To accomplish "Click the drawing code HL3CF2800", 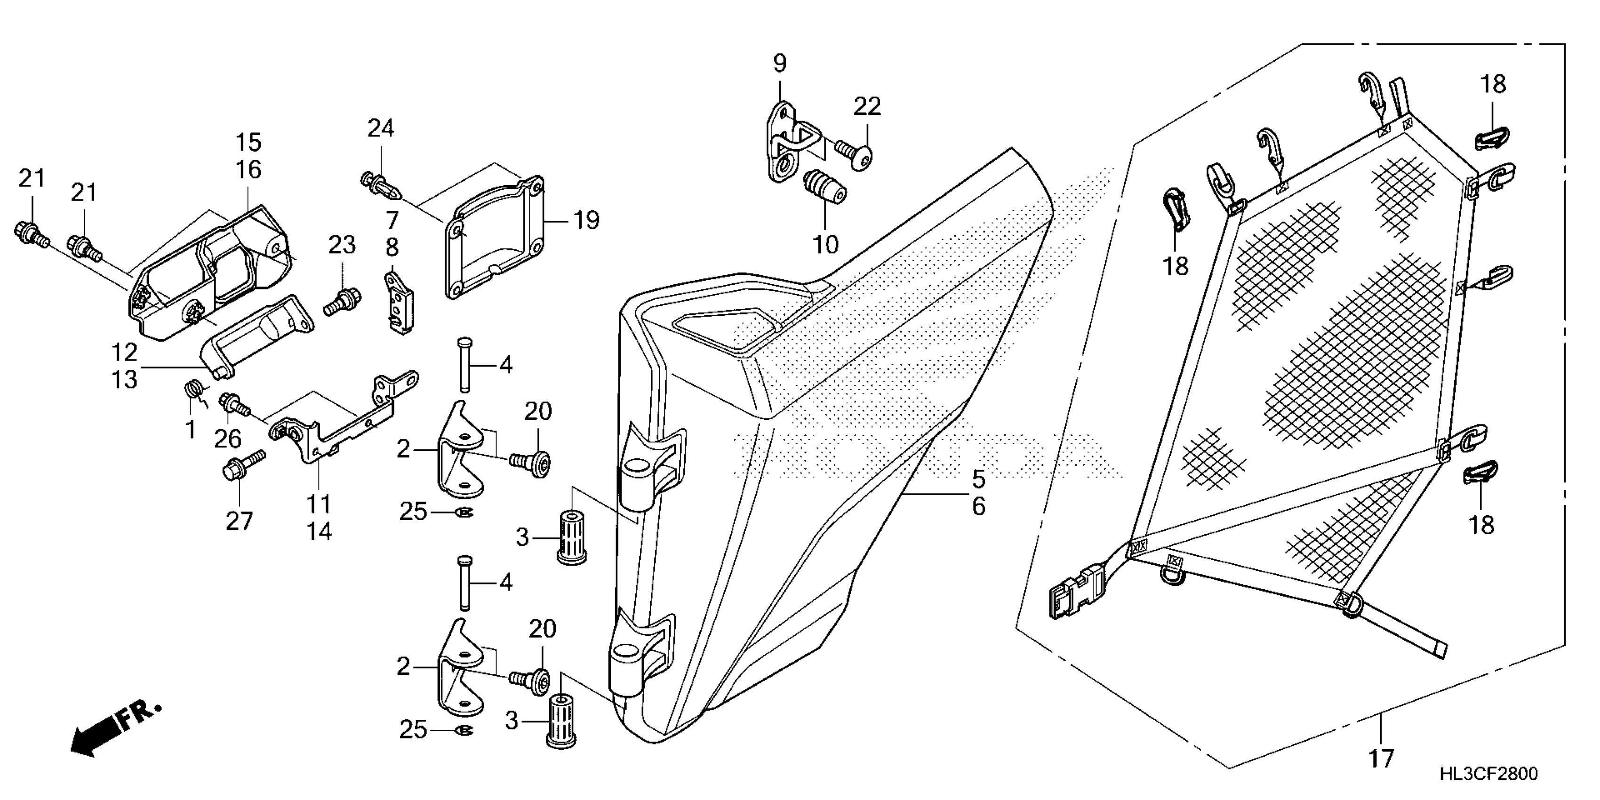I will coord(1488,773).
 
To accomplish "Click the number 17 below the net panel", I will coord(1381,759).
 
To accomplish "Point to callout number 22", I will coord(867,107).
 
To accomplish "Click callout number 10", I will coord(826,244).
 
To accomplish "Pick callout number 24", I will coord(381,128).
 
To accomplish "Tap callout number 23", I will coord(342,245).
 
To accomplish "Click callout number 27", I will coord(239,520).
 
